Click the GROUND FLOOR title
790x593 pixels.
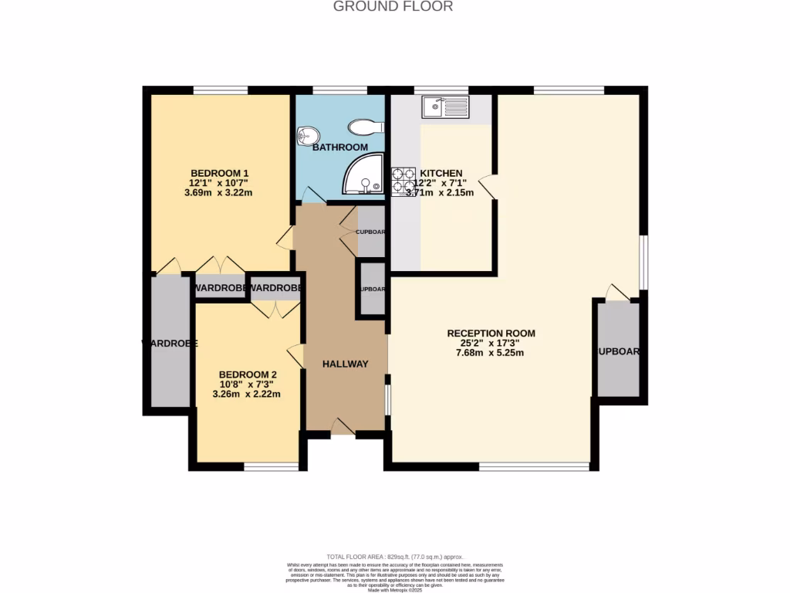pyautogui.click(x=393, y=7)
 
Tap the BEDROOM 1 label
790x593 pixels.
pyautogui.click(x=219, y=172)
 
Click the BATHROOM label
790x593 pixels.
pyautogui.click(x=339, y=147)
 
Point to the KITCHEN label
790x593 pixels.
pyautogui.click(x=441, y=173)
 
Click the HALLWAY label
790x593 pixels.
pyautogui.click(x=345, y=364)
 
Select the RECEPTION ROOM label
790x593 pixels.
pyautogui.click(x=491, y=334)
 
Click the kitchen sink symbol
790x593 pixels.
pyautogui.click(x=445, y=107)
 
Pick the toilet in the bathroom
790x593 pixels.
pyautogui.click(x=365, y=126)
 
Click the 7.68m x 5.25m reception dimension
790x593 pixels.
pyautogui.click(x=490, y=354)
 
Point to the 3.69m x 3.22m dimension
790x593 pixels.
pyautogui.click(x=219, y=193)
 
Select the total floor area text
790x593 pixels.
pyautogui.click(x=394, y=557)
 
